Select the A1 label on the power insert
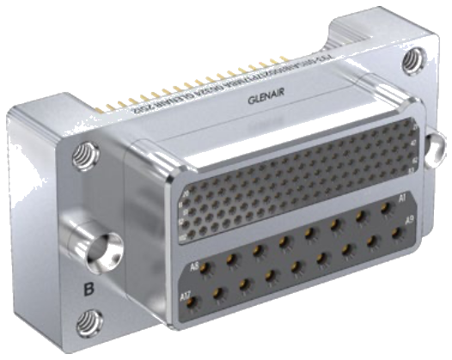tap(400, 198)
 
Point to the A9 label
tap(410, 221)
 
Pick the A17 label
tap(185, 297)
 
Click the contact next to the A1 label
tap(383, 208)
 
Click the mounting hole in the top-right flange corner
tap(413, 59)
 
